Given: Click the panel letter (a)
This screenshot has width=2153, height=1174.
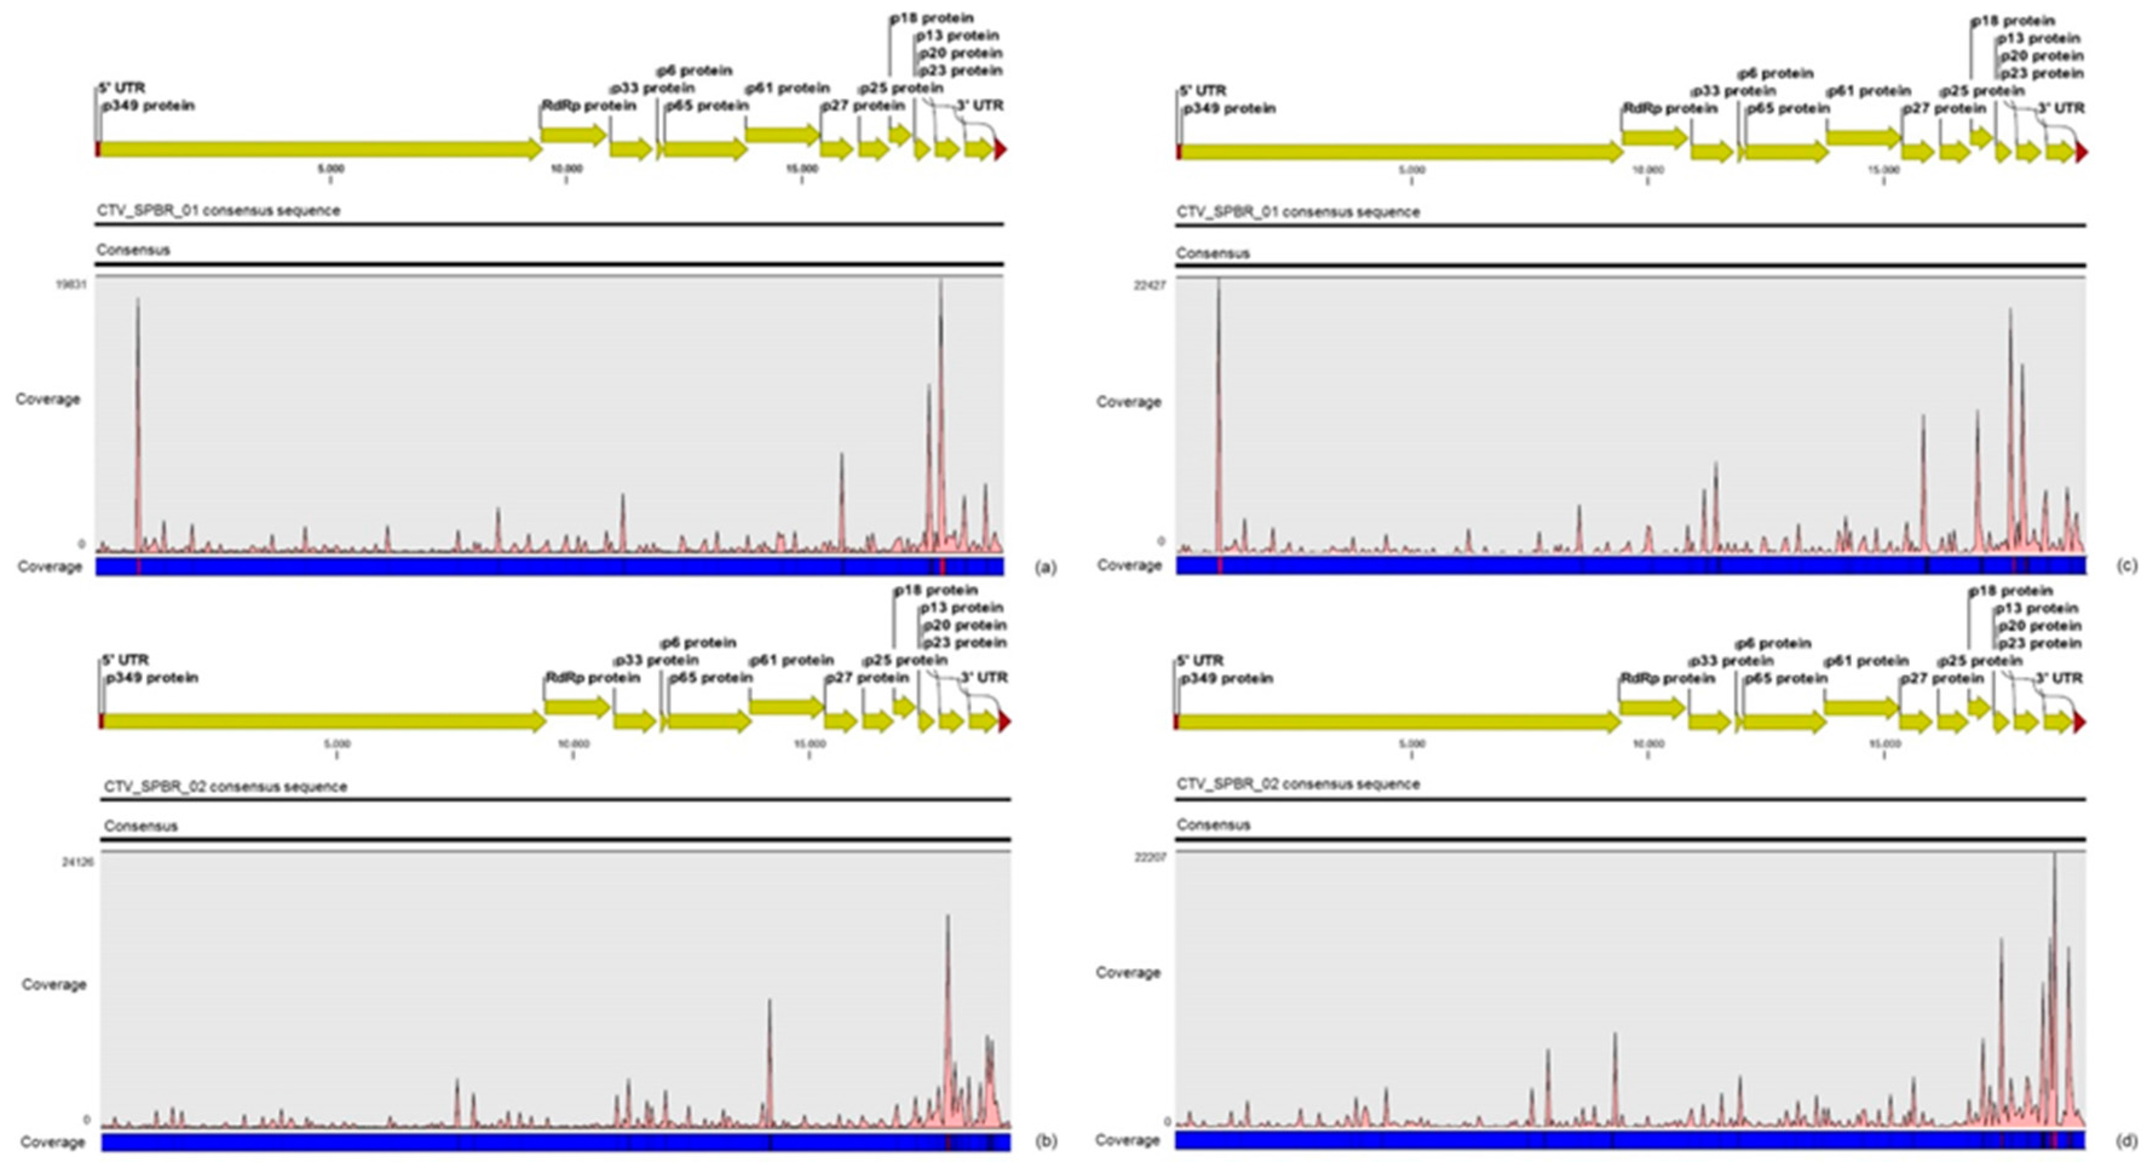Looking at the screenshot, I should [x=1045, y=568].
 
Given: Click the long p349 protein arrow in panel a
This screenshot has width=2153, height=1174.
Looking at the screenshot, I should [x=318, y=149].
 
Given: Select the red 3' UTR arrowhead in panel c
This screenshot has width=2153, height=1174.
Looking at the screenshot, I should [x=2081, y=152].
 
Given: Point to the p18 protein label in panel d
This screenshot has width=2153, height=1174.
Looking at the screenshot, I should [x=2010, y=591].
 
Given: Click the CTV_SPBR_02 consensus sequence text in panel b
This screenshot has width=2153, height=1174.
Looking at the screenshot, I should [x=225, y=786].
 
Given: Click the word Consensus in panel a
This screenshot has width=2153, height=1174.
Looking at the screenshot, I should [x=133, y=250].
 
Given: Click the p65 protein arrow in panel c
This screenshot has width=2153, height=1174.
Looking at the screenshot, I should [x=1785, y=152].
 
